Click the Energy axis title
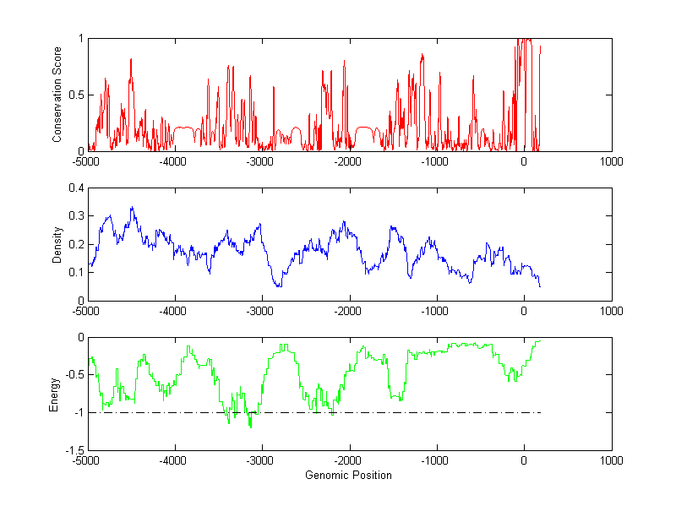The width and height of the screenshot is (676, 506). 54,394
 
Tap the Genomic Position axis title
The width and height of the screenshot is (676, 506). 348,475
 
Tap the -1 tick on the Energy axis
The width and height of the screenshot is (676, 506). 76,412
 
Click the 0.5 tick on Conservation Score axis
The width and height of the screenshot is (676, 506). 74,95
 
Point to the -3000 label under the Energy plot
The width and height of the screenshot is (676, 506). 260,460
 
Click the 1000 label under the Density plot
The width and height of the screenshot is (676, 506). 611,310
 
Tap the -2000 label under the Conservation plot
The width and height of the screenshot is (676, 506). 347,161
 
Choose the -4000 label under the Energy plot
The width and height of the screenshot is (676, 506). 173,460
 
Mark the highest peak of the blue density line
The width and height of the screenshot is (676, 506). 132,207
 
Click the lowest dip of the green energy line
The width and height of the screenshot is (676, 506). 250,427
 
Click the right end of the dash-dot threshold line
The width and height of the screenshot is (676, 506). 541,412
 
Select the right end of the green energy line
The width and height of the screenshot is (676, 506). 539,340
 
